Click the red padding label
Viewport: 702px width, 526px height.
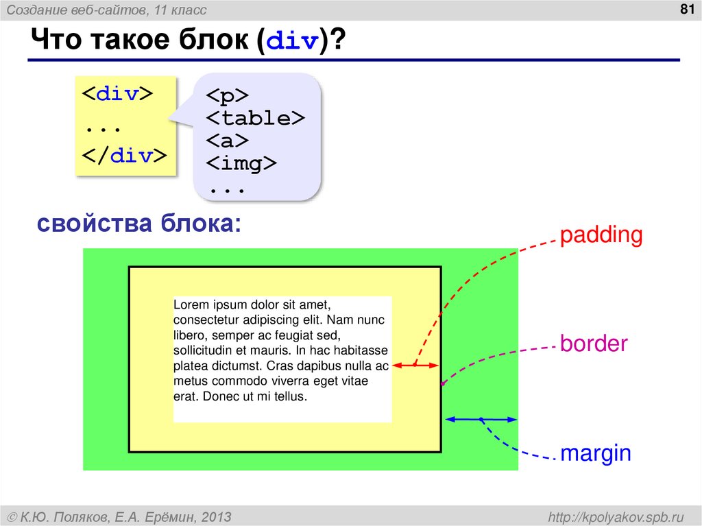(x=601, y=235)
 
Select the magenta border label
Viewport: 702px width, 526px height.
(x=594, y=344)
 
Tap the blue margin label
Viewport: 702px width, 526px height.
(x=595, y=453)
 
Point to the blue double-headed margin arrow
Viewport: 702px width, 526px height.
(x=481, y=419)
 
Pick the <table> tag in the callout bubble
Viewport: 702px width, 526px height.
(x=255, y=118)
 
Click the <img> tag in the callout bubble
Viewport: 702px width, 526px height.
(x=241, y=164)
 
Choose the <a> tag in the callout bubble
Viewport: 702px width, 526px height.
(x=227, y=141)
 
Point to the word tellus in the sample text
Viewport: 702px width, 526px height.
(x=290, y=397)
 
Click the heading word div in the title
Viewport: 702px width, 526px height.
(x=292, y=43)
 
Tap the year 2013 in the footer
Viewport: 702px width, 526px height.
(x=216, y=516)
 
